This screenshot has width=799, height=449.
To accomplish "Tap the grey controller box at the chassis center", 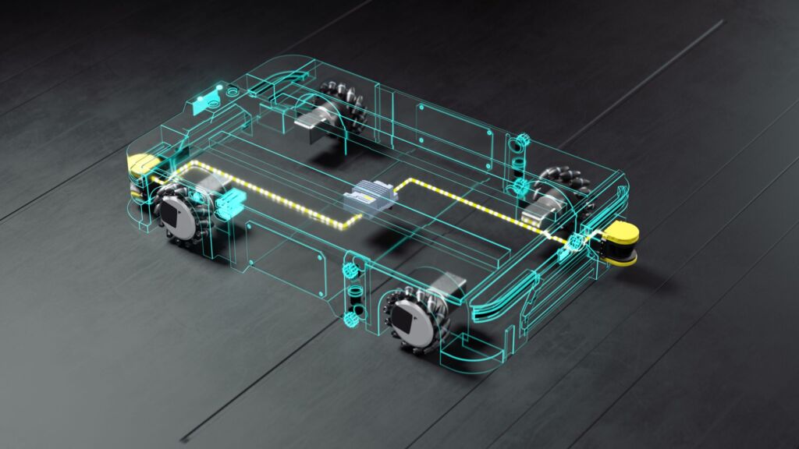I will tap(370, 196).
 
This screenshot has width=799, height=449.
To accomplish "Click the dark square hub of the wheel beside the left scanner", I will tap(172, 214).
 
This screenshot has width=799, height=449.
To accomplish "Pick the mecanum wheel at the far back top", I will tap(343, 110).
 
